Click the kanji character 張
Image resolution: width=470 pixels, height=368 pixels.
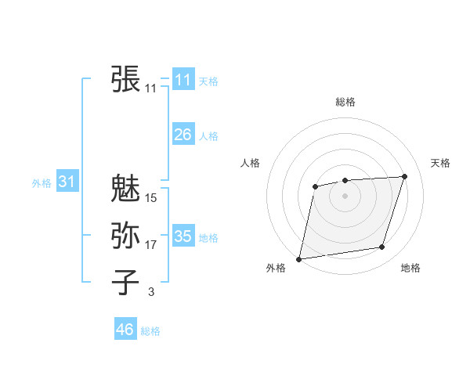[125, 78]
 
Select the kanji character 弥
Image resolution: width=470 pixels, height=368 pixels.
[125, 235]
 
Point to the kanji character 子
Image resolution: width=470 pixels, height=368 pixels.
[125, 282]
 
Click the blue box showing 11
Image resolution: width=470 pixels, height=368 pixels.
[183, 80]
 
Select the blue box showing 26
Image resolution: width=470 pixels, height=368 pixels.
[183, 135]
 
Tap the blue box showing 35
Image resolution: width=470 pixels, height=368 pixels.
[183, 236]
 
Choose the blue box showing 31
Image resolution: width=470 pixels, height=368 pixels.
[67, 182]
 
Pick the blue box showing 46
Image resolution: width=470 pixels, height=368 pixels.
[125, 330]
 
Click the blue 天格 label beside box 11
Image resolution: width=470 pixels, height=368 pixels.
[208, 81]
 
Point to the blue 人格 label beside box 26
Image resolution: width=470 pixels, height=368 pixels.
[208, 136]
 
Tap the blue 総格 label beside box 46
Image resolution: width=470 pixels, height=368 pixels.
[150, 331]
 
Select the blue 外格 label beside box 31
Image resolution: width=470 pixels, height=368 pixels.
[42, 183]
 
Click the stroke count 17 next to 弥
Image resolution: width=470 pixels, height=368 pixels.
[150, 245]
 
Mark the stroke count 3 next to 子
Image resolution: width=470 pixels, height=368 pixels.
[150, 292]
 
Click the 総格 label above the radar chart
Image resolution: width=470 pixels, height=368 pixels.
[345, 102]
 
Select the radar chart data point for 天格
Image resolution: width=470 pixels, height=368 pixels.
[405, 176]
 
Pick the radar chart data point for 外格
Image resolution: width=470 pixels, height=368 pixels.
[299, 258]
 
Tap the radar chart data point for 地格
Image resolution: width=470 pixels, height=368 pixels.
[382, 247]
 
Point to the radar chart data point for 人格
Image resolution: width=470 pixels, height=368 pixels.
[315, 186]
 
